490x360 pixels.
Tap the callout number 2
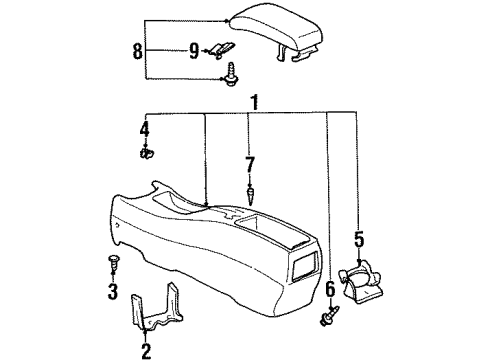(x=147, y=350)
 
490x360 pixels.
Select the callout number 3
(x=112, y=294)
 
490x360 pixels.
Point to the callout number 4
(x=144, y=131)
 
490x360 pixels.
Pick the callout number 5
(x=359, y=241)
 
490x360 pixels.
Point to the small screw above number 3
(x=112, y=263)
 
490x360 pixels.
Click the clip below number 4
(x=145, y=154)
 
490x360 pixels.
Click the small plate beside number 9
(x=221, y=50)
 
